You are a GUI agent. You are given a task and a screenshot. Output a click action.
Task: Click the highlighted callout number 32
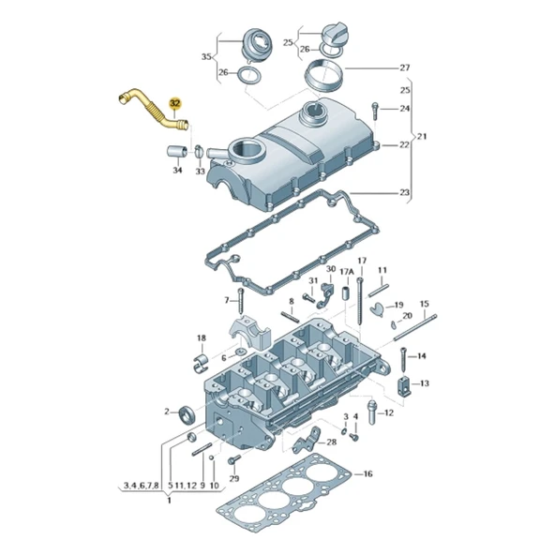[173, 103]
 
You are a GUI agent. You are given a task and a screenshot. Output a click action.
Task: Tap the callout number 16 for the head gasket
[367, 474]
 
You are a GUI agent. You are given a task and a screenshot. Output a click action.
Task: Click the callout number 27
[405, 67]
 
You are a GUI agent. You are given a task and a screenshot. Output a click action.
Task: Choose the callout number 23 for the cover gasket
[405, 193]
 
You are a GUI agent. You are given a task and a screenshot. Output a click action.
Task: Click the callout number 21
[423, 137]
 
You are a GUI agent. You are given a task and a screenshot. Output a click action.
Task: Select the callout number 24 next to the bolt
[405, 109]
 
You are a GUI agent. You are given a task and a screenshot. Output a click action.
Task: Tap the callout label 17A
[346, 272]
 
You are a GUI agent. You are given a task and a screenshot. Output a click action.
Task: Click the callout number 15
[424, 304]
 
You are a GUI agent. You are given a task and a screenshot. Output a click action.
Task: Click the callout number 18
[201, 337]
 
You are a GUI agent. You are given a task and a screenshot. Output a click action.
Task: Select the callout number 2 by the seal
[167, 412]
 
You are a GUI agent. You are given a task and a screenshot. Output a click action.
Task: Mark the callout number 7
[226, 300]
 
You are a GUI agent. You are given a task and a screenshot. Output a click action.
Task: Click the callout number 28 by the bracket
[331, 442]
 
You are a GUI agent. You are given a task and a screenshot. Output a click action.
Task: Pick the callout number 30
[330, 269]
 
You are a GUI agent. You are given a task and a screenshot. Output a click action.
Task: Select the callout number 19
[398, 306]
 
